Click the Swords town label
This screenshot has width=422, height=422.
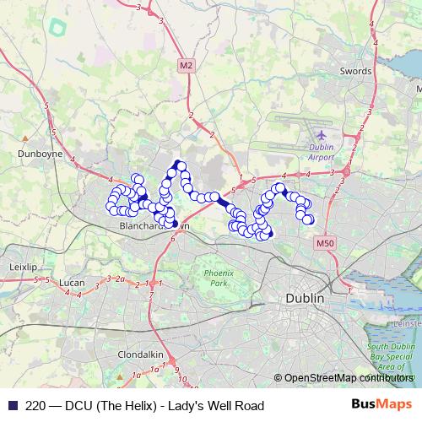(x=355, y=72)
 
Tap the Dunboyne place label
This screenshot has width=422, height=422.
(x=35, y=154)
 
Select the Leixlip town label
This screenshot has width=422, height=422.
(x=23, y=266)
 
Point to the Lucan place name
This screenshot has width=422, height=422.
(x=69, y=282)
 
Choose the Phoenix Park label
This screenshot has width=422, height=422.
(x=218, y=278)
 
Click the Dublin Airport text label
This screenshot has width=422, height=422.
(x=321, y=152)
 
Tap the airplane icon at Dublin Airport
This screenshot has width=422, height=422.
(x=321, y=133)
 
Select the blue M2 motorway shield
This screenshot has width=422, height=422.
(x=186, y=65)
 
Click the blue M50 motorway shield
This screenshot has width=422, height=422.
(x=327, y=243)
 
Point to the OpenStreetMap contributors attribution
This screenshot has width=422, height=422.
(x=348, y=378)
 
